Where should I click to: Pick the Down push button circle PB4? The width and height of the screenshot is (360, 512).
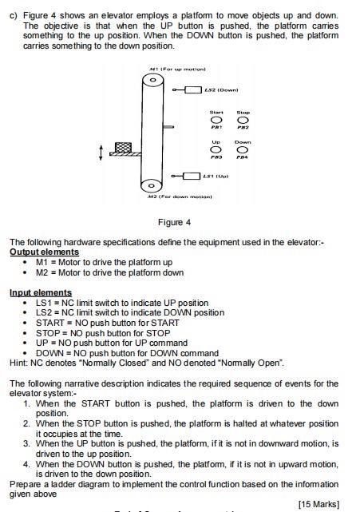coord(243,150)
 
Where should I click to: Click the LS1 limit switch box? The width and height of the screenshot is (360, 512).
coord(192,175)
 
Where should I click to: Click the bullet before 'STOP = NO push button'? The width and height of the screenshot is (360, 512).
coord(27,333)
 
